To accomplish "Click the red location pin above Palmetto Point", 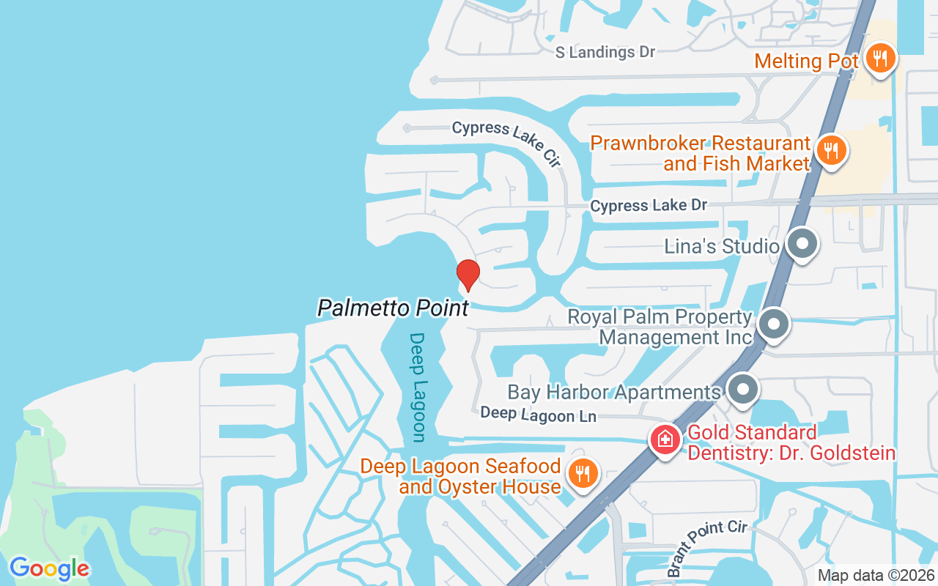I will pyautogui.click(x=468, y=275).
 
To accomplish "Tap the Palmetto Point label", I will pyautogui.click(x=393, y=308).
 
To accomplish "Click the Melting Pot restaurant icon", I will pyautogui.click(x=878, y=59).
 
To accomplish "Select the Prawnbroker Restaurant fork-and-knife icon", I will pyautogui.click(x=830, y=152).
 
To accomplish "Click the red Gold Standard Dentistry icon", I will pyautogui.click(x=665, y=440).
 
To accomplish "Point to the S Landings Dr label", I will pyautogui.click(x=605, y=52).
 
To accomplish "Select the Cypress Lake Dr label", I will pyautogui.click(x=649, y=206).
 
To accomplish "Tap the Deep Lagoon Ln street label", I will pyautogui.click(x=538, y=415).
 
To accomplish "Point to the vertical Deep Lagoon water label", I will pyautogui.click(x=418, y=387).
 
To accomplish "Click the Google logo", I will pyautogui.click(x=49, y=568).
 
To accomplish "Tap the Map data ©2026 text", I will pyautogui.click(x=875, y=576).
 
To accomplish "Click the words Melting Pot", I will pyautogui.click(x=806, y=61).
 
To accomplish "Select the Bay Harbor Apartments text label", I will pyautogui.click(x=614, y=392).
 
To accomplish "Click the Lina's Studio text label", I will pyautogui.click(x=721, y=246).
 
